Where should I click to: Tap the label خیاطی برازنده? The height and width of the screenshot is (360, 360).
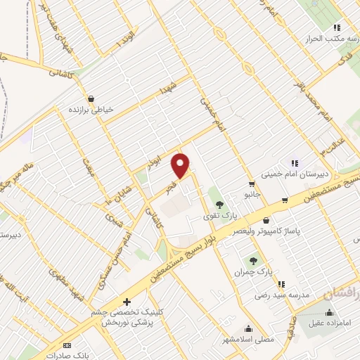click(90, 110)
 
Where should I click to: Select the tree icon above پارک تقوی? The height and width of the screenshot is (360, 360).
click(219, 204)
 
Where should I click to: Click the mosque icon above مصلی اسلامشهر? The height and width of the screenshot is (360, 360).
click(248, 328)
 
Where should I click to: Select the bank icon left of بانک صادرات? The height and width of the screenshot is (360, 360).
click(67, 345)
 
